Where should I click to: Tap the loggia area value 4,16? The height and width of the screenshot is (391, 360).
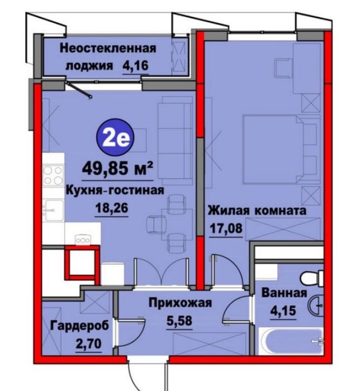click(x=135, y=66)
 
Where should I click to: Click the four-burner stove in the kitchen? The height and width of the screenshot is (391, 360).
click(x=54, y=175)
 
